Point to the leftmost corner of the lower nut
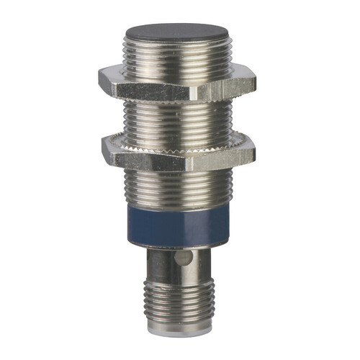tap(102, 148)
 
